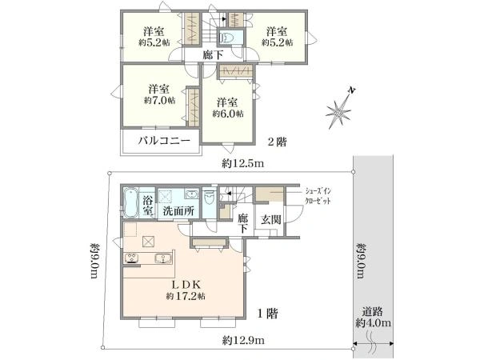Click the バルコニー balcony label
(164, 141)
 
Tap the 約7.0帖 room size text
(160, 101)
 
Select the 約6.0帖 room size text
(228, 114)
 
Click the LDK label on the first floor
(186, 285)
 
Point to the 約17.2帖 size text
(186, 296)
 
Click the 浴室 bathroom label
(149, 206)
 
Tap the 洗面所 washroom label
(178, 211)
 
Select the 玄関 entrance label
(271, 219)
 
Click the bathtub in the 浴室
(131, 202)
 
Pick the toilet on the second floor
(227, 38)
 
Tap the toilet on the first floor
(210, 198)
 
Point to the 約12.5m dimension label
(242, 164)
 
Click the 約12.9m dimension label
(243, 340)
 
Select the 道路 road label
(373, 312)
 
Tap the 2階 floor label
(277, 142)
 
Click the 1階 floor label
(267, 314)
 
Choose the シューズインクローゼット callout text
(318, 196)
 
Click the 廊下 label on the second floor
(213, 55)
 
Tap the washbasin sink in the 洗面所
(191, 194)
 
